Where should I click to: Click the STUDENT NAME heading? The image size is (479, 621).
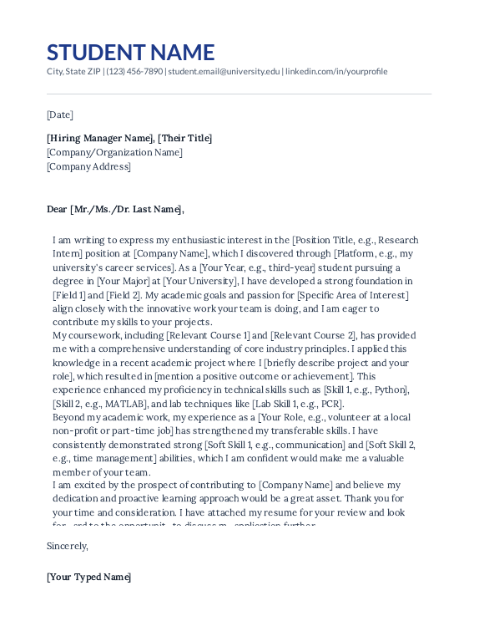tap(130, 52)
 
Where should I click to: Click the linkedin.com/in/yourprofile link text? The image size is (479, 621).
tap(336, 72)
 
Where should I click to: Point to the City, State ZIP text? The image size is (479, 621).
tap(73, 72)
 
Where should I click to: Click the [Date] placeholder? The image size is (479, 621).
tap(60, 115)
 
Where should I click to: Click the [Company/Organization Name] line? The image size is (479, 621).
tap(114, 152)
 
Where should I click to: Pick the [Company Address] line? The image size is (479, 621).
tap(88, 166)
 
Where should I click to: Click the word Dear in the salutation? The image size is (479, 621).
tap(57, 209)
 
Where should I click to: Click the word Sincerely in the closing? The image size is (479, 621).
tap(68, 546)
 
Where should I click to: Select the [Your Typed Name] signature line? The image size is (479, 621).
tap(89, 577)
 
